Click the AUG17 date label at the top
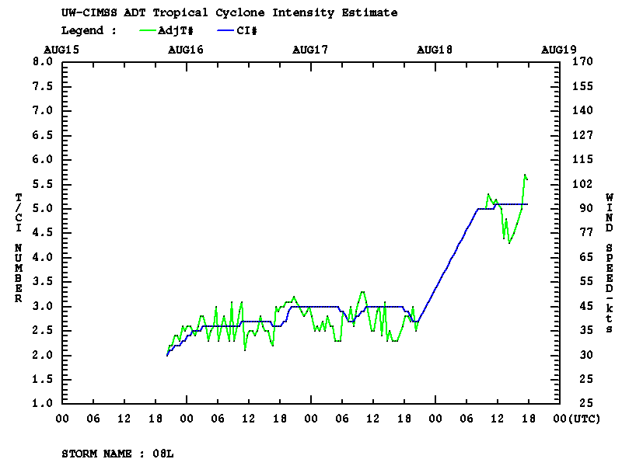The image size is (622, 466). [310, 49]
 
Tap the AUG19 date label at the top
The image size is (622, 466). [559, 49]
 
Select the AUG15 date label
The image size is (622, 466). [61, 49]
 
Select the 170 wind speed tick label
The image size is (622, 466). [582, 61]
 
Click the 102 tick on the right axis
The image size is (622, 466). [582, 184]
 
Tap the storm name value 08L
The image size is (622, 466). [162, 453]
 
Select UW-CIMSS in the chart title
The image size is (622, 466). [86, 13]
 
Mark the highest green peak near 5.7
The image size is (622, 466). [525, 175]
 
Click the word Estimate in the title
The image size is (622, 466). [372, 13]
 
